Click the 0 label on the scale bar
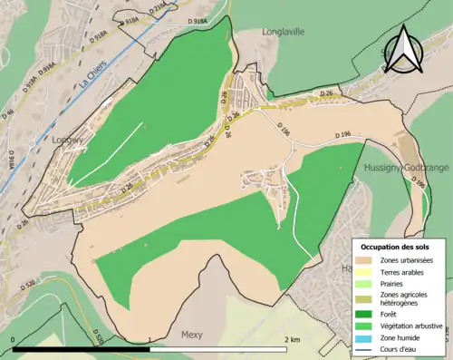click(14, 340)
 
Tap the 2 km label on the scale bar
click(291, 340)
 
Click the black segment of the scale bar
click(82, 349)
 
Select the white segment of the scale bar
click(217, 349)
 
